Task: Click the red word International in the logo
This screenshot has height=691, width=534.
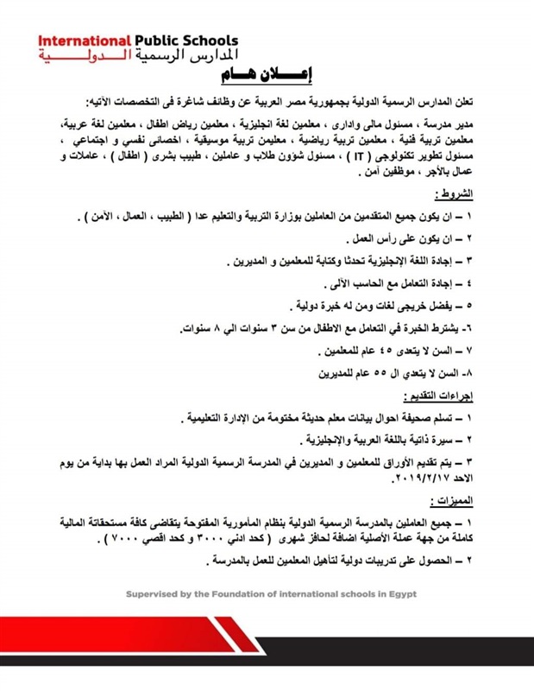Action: pos(85,41)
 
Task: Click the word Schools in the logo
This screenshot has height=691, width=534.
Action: pos(208,41)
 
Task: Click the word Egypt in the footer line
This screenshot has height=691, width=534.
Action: pos(400,594)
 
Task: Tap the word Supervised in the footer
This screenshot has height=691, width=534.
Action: pos(156,594)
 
